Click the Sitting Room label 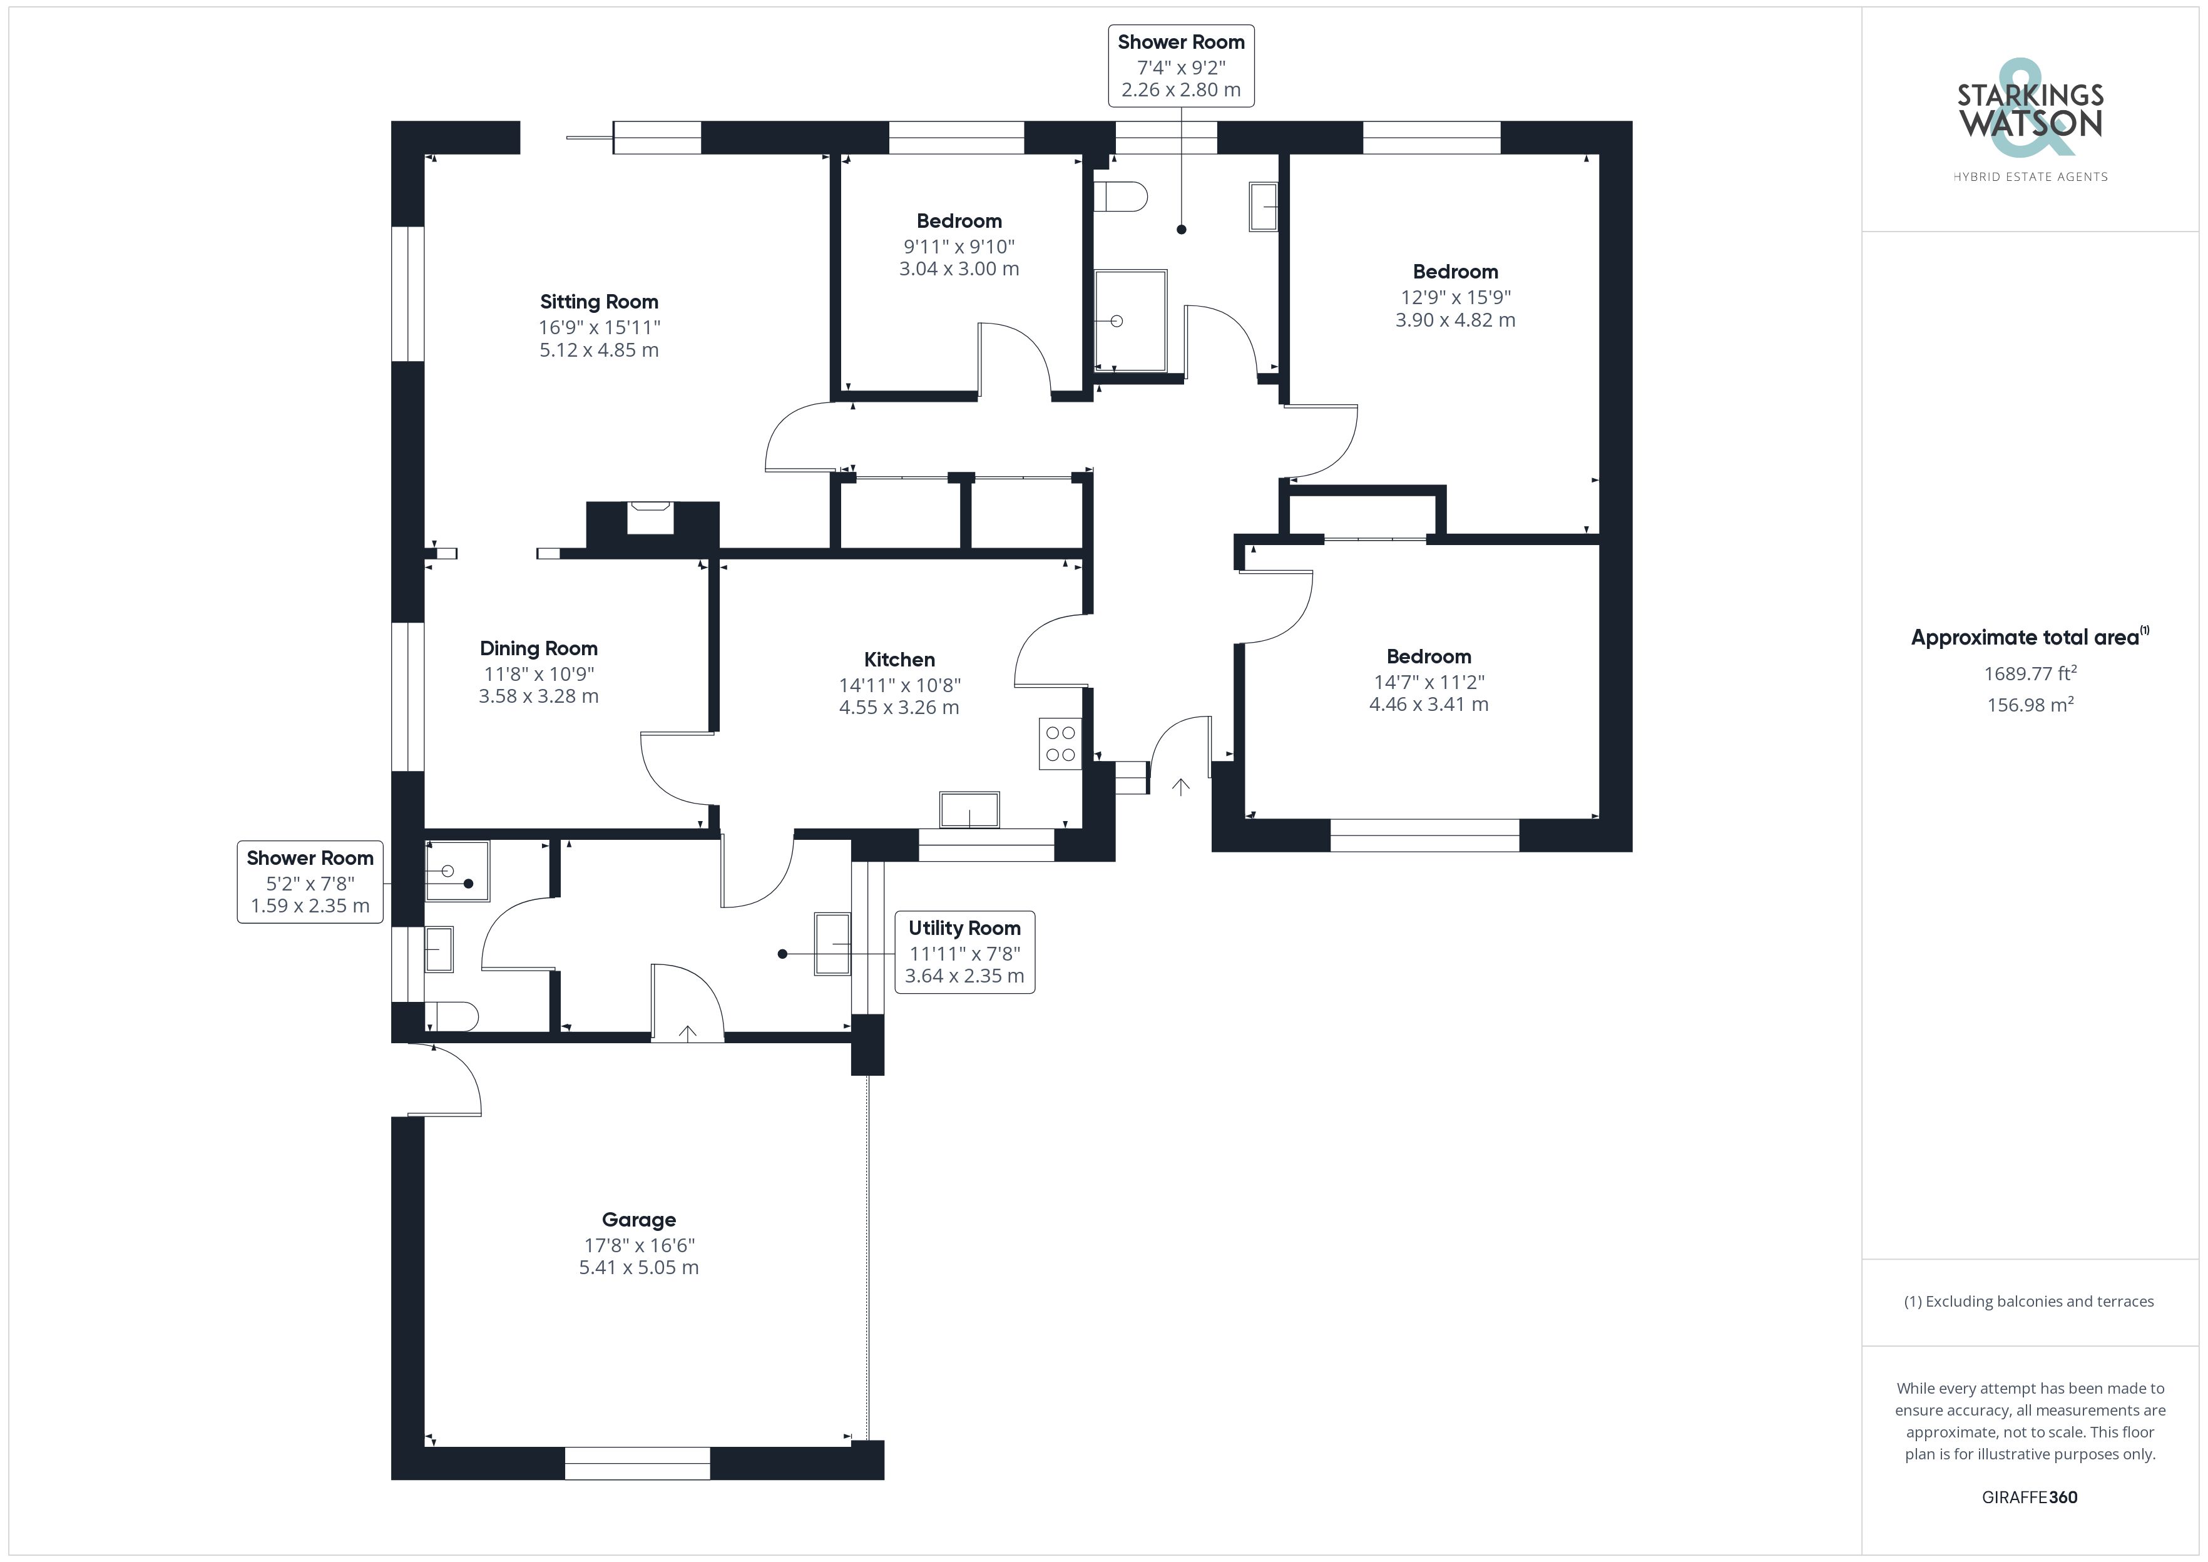click(x=598, y=302)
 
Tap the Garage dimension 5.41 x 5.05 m click(x=638, y=1268)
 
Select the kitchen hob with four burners click(x=1060, y=743)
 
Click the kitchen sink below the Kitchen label click(x=969, y=809)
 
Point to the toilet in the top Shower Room click(x=1120, y=197)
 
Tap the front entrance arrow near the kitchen click(x=1181, y=787)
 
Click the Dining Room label click(x=538, y=648)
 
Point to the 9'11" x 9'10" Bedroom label click(x=959, y=221)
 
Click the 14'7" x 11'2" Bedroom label click(x=1428, y=657)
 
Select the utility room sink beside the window click(x=833, y=944)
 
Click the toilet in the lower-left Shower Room click(x=452, y=1017)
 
